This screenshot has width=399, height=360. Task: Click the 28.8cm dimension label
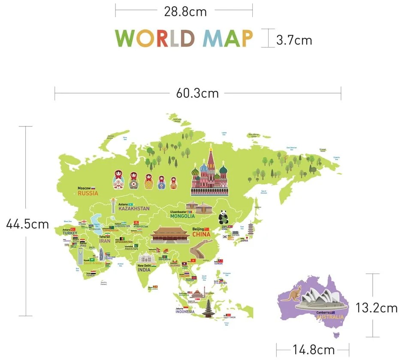pos(185,12)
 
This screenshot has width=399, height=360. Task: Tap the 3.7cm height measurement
pos(294,40)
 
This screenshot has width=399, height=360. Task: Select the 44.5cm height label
pos(27,224)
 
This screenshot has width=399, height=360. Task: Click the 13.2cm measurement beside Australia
pos(376,307)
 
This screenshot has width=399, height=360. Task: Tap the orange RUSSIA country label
pos(88,193)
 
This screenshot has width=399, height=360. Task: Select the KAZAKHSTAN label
pos(134,209)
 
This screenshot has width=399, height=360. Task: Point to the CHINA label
pos(201,234)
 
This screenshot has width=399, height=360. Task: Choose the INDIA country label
pos(144,270)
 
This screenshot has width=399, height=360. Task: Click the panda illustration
pos(223,217)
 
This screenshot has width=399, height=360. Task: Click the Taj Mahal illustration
pos(146,258)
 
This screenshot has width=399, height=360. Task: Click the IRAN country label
pos(105,241)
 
